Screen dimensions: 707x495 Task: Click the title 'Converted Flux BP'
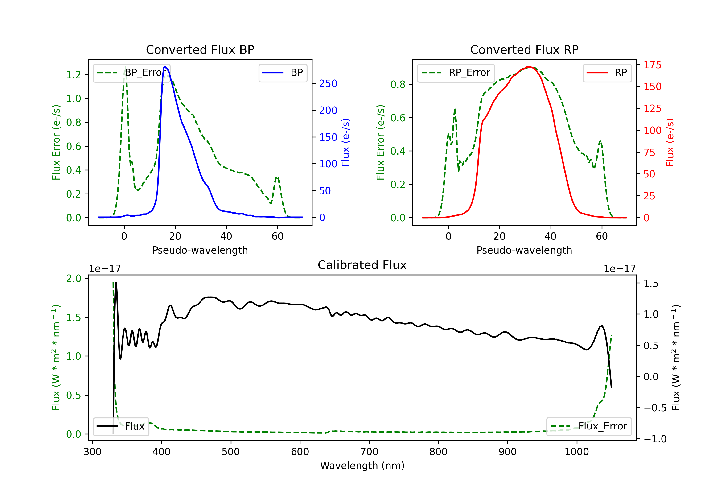click(x=200, y=49)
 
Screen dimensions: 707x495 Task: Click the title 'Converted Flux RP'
click(x=524, y=49)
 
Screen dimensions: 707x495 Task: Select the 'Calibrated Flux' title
click(x=362, y=265)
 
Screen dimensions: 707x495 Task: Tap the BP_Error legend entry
click(x=132, y=73)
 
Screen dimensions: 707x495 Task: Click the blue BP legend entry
click(x=283, y=73)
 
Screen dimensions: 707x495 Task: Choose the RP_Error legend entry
click(x=456, y=73)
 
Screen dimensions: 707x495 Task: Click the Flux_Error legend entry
click(x=589, y=426)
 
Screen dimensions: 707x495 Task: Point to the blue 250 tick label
click(x=328, y=83)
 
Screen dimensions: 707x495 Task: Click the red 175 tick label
click(x=652, y=65)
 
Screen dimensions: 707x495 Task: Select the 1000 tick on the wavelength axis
click(x=576, y=452)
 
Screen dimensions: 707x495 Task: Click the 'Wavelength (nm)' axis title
click(x=362, y=466)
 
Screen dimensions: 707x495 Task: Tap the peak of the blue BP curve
click(x=165, y=67)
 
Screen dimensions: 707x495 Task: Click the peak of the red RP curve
click(x=529, y=67)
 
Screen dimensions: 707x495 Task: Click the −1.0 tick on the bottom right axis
click(x=655, y=439)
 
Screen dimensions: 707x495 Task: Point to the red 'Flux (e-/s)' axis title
click(x=670, y=143)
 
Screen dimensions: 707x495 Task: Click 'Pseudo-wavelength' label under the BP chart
click(x=200, y=250)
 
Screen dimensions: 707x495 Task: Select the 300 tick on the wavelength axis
click(x=92, y=452)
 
